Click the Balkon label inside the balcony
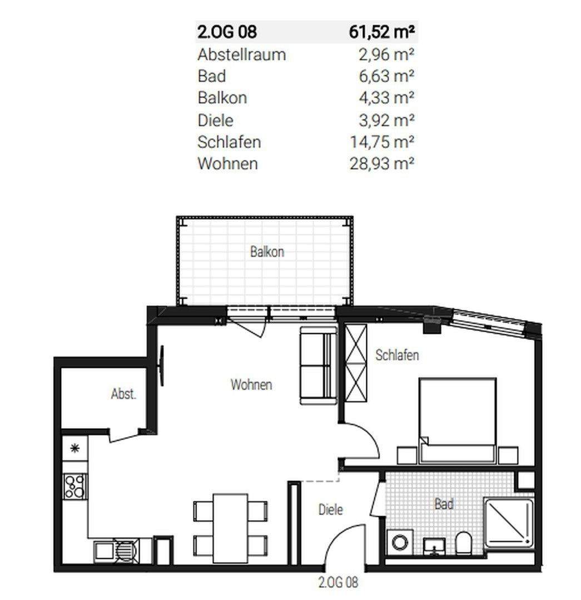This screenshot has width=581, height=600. pyautogui.click(x=267, y=252)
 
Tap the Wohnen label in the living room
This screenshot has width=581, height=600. pyautogui.click(x=251, y=384)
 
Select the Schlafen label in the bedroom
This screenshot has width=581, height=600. pyautogui.click(x=397, y=355)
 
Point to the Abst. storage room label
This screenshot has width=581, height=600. pyautogui.click(x=123, y=394)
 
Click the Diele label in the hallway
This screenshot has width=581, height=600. pyautogui.click(x=330, y=509)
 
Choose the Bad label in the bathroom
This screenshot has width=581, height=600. pyautogui.click(x=444, y=503)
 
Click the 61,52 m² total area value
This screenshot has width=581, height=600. pyautogui.click(x=382, y=32)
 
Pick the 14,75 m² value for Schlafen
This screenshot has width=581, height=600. pyautogui.click(x=382, y=142)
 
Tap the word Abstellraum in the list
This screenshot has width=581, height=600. pyautogui.click(x=242, y=54)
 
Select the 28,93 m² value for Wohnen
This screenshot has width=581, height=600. pyautogui.click(x=382, y=164)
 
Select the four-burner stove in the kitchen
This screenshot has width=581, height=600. pyautogui.click(x=75, y=486)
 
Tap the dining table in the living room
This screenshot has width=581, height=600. pyautogui.click(x=231, y=528)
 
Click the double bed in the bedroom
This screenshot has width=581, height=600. pyautogui.click(x=458, y=420)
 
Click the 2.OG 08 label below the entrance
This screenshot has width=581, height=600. pyautogui.click(x=338, y=582)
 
